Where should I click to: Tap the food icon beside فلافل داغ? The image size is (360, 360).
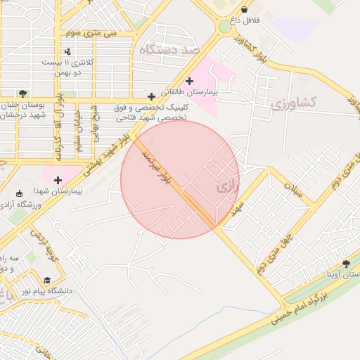tap(244, 9)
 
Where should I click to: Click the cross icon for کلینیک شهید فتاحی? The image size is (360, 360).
tap(151, 96)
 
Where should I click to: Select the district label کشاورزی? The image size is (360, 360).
tap(293, 104)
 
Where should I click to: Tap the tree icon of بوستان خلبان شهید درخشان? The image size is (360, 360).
tap(23, 93)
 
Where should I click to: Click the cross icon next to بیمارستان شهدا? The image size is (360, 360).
tap(58, 180)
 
